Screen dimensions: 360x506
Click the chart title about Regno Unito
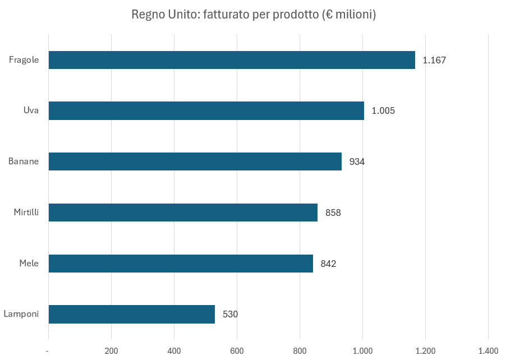pyautogui.click(x=253, y=14)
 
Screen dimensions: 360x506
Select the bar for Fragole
pyautogui.click(x=232, y=60)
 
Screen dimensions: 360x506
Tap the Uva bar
pyautogui.click(x=206, y=110)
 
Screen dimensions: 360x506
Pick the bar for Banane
pyautogui.click(x=195, y=161)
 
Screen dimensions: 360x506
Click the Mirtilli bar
pyautogui.click(x=183, y=213)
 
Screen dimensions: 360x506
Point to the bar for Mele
pyautogui.click(x=181, y=264)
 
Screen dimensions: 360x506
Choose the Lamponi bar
pyautogui.click(x=132, y=314)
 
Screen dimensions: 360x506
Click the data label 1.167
pyautogui.click(x=434, y=60)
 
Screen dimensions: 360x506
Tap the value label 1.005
pyautogui.click(x=383, y=111)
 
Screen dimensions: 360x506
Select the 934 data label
pyautogui.click(x=357, y=162)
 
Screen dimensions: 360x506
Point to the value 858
pyautogui.click(x=333, y=213)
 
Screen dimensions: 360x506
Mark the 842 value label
pyautogui.click(x=328, y=264)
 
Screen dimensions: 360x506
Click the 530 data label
pyautogui.click(x=230, y=315)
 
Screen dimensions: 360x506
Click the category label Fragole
pyautogui.click(x=24, y=60)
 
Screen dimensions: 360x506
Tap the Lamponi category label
pyautogui.click(x=21, y=314)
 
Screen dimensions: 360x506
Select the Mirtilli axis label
pyautogui.click(x=26, y=213)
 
